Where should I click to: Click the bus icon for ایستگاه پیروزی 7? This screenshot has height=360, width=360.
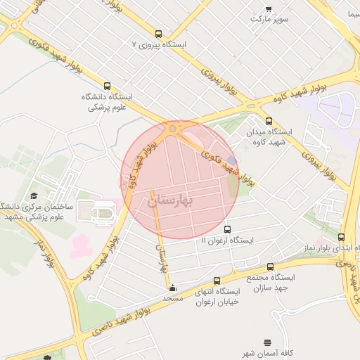tap(158, 33)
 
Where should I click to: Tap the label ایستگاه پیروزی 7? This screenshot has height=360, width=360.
tap(161, 44)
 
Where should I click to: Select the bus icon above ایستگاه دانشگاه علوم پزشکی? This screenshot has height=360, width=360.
tap(107, 86)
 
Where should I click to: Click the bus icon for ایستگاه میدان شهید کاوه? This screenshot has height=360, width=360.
tap(269, 121)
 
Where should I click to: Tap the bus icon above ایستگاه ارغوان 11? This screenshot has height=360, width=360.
tap(227, 229)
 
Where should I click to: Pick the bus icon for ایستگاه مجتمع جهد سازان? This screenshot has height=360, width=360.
tap(271, 266)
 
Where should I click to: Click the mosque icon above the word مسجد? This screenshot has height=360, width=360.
tap(173, 288)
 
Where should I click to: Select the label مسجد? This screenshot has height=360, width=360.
tap(173, 298)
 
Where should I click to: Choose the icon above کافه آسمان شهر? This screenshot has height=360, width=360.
tap(267, 342)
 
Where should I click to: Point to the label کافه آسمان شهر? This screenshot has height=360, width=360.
tap(267, 353)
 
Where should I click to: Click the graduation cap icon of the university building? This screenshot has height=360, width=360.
tap(34, 196)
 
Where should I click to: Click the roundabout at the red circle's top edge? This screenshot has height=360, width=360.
tap(173, 129)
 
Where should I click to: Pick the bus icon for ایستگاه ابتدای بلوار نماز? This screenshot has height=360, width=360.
tap(342, 238)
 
